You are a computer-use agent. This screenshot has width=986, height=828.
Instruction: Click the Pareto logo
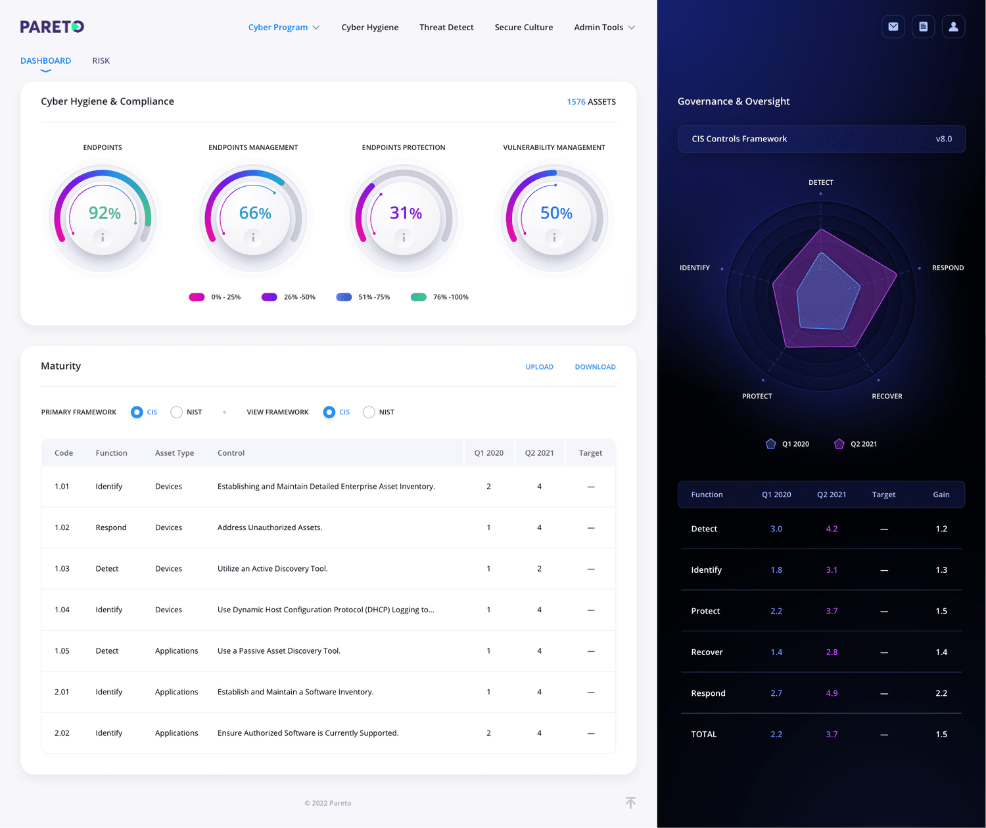[x=52, y=27]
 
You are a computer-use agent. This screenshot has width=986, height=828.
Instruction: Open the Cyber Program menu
[x=283, y=28]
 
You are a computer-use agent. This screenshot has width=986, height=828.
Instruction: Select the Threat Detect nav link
[x=446, y=28]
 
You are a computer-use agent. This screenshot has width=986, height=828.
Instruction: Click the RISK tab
[x=101, y=61]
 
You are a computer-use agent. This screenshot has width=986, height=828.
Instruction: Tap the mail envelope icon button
[x=893, y=27]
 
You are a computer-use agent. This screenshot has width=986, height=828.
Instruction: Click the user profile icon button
[x=953, y=27]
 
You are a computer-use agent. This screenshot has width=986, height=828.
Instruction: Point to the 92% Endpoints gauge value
[x=105, y=213]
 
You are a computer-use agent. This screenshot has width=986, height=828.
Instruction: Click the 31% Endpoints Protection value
[x=406, y=213]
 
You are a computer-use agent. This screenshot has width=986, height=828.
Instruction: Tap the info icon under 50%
[x=554, y=237]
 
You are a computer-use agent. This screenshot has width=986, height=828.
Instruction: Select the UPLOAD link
[x=539, y=367]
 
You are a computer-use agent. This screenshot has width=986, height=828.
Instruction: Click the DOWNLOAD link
[x=595, y=367]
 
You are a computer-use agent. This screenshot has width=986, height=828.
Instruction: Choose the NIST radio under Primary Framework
[x=177, y=412]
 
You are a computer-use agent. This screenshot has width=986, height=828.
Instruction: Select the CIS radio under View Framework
[x=329, y=412]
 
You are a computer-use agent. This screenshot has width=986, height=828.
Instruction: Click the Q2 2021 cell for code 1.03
[x=539, y=569]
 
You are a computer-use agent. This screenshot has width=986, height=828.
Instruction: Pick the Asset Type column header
[x=174, y=453]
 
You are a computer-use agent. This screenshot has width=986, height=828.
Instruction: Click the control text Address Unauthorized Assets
[x=270, y=527]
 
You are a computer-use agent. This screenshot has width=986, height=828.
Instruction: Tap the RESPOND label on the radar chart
[x=947, y=268]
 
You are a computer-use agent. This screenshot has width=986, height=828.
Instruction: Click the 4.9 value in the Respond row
[x=832, y=693]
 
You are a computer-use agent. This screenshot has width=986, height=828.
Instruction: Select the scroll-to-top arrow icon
[x=630, y=803]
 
